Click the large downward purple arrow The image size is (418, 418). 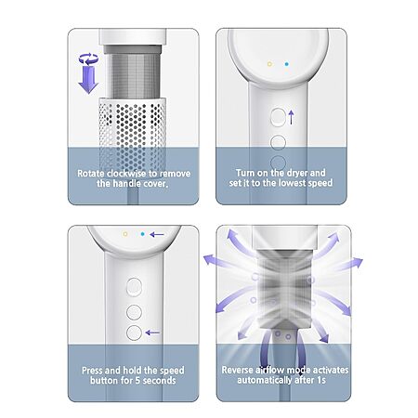tap(88, 80)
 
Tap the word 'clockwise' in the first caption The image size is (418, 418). tap(132, 174)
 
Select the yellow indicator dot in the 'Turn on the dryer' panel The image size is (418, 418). tap(269, 64)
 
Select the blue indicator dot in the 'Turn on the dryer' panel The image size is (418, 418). tap(287, 64)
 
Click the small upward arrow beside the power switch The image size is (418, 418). tap(291, 117)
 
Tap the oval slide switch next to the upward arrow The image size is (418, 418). tap(278, 117)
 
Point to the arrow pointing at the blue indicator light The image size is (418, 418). tap(157, 234)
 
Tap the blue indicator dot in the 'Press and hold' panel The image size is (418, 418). tap(142, 234)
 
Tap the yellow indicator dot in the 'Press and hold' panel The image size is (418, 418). tap(125, 234)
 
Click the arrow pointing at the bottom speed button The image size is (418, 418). tap(152, 333)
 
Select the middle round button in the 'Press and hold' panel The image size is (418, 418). tap(134, 312)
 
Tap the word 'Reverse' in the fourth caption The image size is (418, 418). tap(237, 370)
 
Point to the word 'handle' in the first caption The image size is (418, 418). tap(125, 183)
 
